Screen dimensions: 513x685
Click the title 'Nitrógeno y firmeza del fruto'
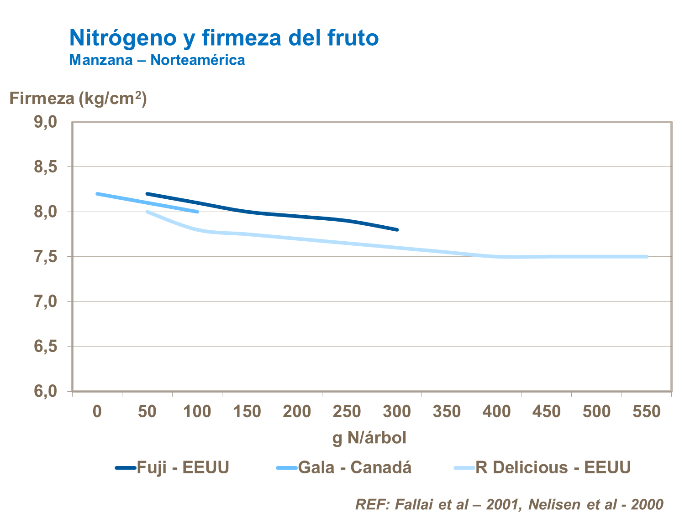[x=224, y=38]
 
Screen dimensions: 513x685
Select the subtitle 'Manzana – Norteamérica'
[x=157, y=60]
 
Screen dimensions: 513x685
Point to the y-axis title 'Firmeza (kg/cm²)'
[x=78, y=98]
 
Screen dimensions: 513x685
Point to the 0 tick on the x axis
[x=97, y=412]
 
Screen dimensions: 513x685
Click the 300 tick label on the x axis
[x=397, y=412]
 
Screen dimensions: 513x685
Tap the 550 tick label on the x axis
[x=646, y=412]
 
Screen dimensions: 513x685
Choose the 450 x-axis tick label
[x=547, y=412]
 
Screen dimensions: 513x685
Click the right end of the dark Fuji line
[x=397, y=230]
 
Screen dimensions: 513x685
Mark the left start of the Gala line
[x=97, y=194]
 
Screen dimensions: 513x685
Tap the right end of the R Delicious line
[x=647, y=257]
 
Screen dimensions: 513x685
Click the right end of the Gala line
[x=197, y=212]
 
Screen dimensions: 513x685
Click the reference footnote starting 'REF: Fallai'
[x=509, y=504]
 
